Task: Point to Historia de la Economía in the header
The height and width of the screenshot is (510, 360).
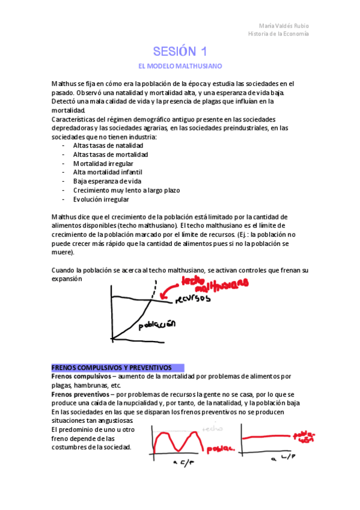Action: (278, 34)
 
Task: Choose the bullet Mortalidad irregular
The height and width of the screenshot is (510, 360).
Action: (103, 164)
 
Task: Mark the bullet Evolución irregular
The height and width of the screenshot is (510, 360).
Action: (100, 199)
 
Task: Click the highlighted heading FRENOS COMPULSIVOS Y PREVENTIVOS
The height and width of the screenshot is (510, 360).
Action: (112, 367)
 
